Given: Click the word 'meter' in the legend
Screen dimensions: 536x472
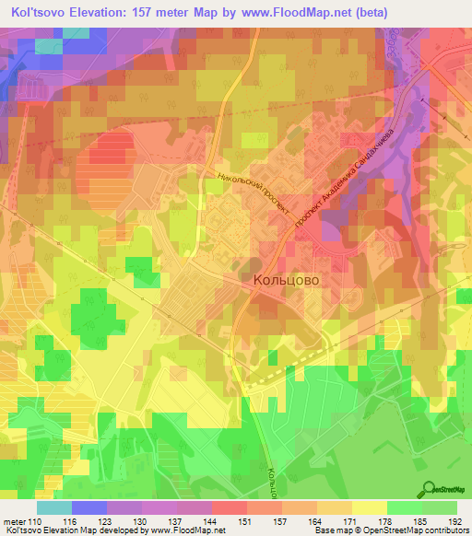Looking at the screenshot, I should tap(17, 521).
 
